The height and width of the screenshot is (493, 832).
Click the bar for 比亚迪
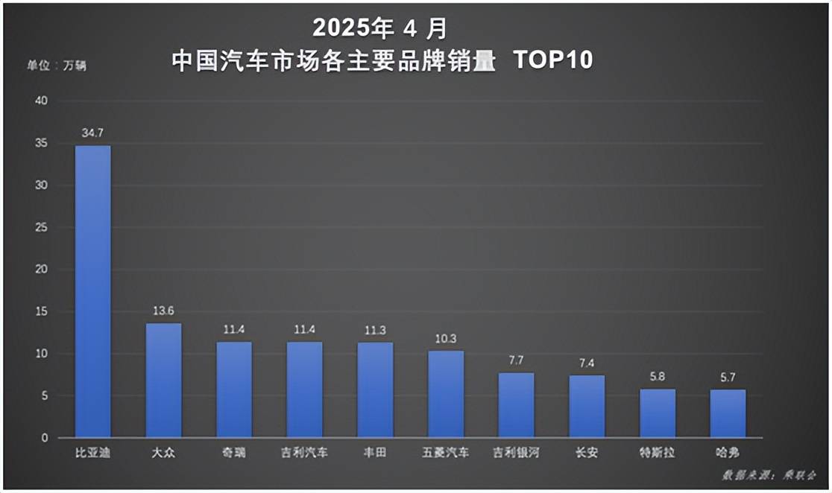point(93,291)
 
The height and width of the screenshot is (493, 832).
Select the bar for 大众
point(163,380)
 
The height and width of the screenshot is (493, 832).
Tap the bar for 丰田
point(375,389)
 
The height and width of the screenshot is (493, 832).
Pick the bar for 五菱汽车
point(446,394)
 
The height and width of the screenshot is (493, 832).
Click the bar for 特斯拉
point(658,413)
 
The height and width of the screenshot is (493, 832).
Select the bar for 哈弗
point(728,413)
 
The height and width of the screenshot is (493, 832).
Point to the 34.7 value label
point(93,133)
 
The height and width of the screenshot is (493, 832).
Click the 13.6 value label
point(163,311)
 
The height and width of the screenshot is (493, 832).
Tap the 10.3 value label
point(446,338)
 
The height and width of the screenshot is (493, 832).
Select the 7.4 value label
point(587,363)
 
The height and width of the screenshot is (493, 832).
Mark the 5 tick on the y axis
point(44,396)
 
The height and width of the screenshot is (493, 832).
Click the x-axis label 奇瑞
point(234,453)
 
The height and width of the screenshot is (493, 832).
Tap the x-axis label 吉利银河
point(516,453)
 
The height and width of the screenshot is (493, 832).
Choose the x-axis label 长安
point(587,453)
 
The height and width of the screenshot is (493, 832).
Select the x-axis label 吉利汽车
point(305,453)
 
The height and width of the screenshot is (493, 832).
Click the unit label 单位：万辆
point(57,66)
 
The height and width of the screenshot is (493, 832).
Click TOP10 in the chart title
point(553,60)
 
